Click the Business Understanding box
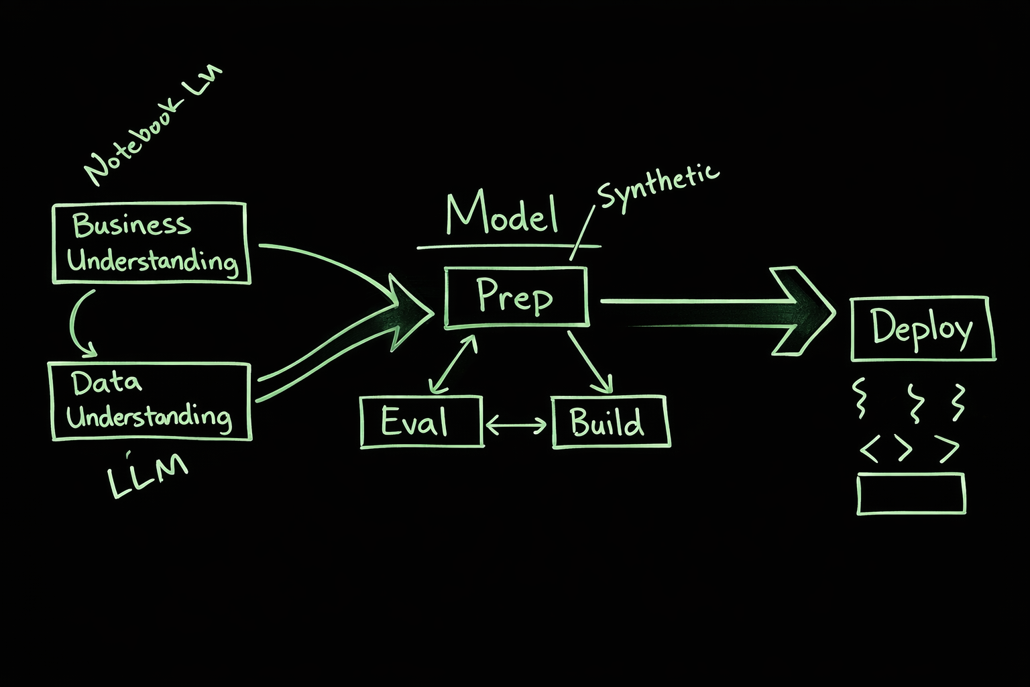(150, 243)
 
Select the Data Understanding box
(150, 401)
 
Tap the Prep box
(516, 297)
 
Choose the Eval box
(421, 421)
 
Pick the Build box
(610, 422)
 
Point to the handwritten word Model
(502, 213)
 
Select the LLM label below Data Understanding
(148, 476)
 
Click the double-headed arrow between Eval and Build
(516, 425)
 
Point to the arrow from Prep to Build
(591, 362)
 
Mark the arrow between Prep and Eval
(453, 364)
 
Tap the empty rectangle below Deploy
(911, 493)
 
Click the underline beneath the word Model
(508, 247)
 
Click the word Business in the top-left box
(131, 224)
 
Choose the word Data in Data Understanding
(107, 382)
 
